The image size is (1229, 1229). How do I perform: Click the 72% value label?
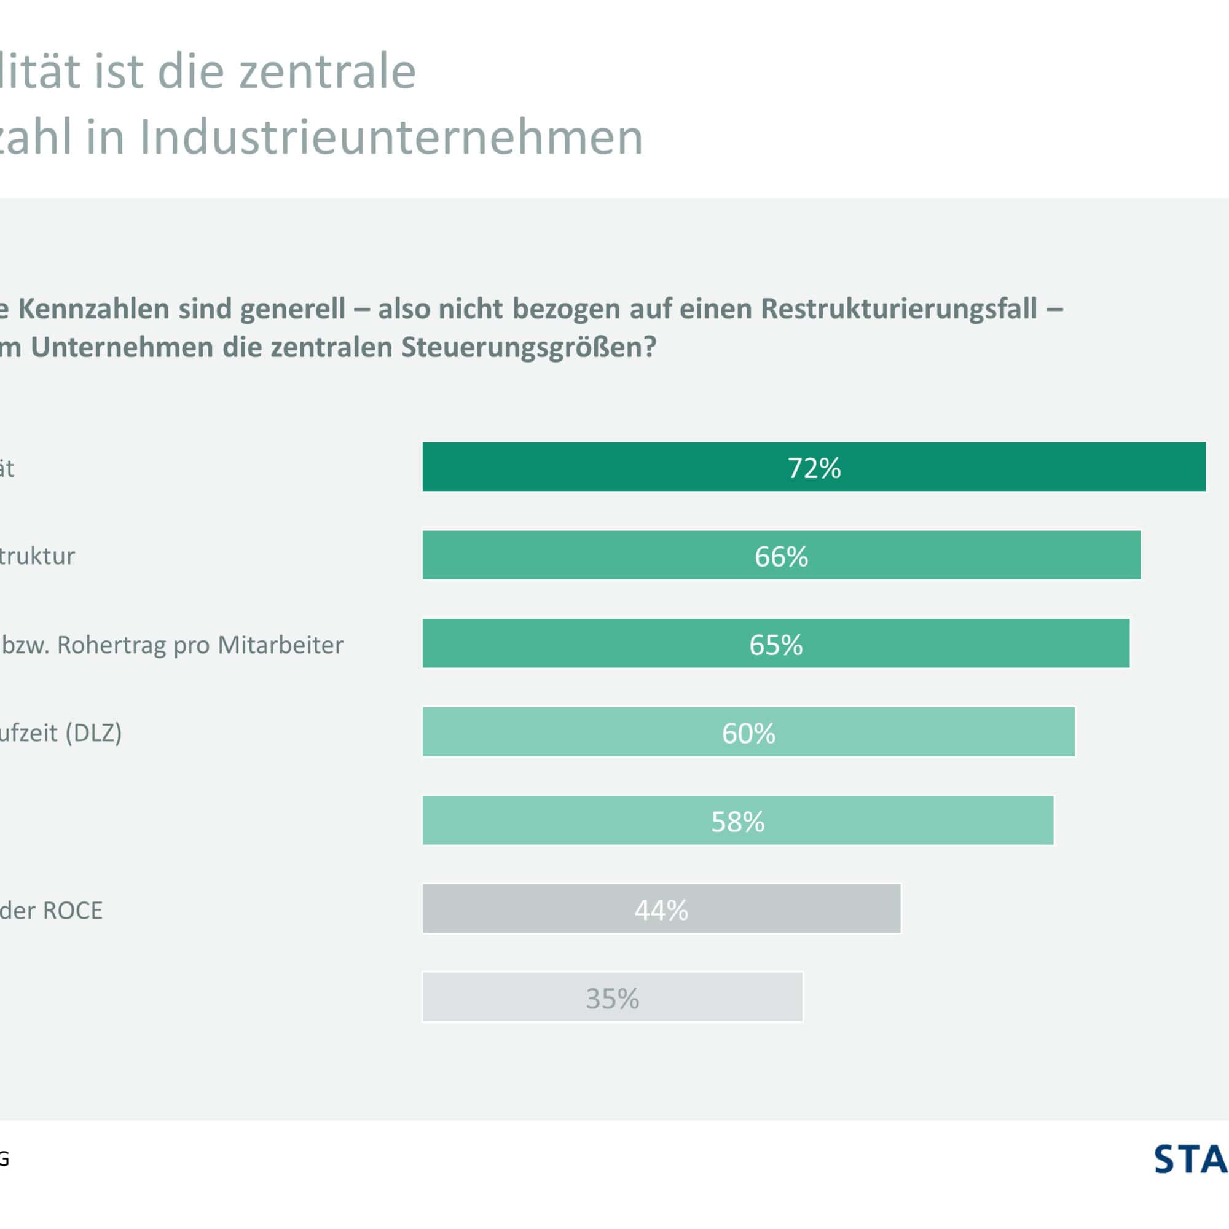[x=814, y=468]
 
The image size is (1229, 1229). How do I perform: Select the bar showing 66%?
[x=781, y=556]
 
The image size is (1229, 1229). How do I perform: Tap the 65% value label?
[x=775, y=645]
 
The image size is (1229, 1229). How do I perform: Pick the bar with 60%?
[x=748, y=732]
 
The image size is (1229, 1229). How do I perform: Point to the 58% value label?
[x=737, y=821]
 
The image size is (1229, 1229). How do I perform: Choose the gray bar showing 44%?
[x=661, y=909]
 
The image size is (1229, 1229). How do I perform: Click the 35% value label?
[x=612, y=998]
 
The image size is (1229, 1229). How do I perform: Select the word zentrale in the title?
[x=327, y=71]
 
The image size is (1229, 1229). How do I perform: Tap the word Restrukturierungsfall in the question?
[x=899, y=308]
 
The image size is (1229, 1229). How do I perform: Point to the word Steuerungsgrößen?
[x=528, y=347]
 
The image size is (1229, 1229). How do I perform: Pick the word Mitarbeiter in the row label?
[x=281, y=645]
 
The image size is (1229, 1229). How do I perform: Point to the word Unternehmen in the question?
[x=122, y=347]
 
